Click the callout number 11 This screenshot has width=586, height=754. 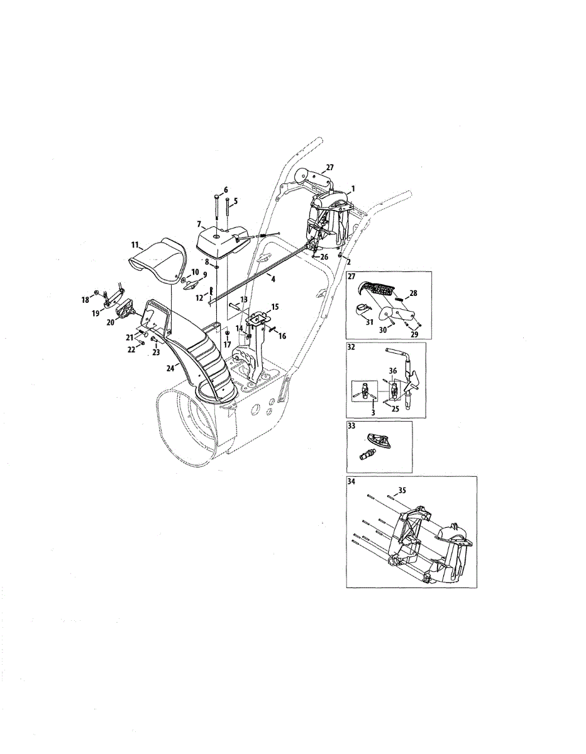[135, 245]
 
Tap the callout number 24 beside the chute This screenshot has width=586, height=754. [170, 368]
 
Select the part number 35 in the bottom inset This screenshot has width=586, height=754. [402, 490]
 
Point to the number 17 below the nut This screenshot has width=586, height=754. [228, 345]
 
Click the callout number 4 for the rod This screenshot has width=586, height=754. [274, 278]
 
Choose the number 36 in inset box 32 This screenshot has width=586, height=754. [392, 371]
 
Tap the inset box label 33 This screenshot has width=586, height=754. [351, 426]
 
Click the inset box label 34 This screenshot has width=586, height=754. [351, 481]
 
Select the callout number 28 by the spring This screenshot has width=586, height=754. [413, 293]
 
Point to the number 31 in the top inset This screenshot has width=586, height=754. [370, 322]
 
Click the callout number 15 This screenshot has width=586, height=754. [275, 307]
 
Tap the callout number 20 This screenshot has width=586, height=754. [111, 322]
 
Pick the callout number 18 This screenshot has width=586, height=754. [86, 300]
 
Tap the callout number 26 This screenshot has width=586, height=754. [324, 257]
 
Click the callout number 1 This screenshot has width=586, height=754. [353, 189]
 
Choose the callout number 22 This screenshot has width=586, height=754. [131, 350]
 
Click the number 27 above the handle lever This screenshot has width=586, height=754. [330, 168]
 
